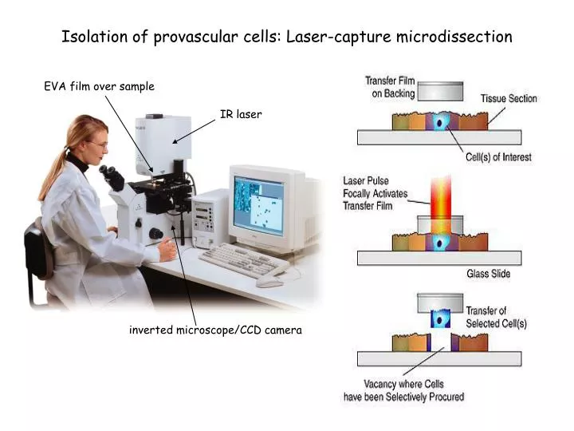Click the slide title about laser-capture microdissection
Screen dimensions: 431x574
287,37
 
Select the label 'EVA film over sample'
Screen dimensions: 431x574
99,86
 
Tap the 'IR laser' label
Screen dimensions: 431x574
241,114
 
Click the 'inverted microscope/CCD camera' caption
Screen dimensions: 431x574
215,330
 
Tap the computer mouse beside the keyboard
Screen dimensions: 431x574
270,282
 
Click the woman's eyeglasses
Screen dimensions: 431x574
97,144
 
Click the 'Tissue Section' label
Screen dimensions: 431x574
509,99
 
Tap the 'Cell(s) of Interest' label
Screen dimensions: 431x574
498,157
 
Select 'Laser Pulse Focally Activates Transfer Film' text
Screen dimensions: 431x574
375,193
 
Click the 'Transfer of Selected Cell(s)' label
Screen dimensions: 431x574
496,318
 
